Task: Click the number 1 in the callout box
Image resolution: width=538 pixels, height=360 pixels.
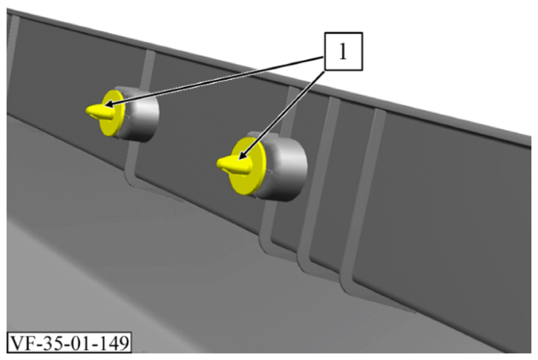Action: [x=343, y=51]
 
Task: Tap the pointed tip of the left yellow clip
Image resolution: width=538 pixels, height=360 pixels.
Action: [x=86, y=110]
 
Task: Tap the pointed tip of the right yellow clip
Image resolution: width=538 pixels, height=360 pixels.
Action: [x=218, y=164]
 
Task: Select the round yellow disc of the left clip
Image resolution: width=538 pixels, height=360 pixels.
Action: [x=112, y=113]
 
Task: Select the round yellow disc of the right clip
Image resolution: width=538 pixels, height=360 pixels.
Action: [x=248, y=166]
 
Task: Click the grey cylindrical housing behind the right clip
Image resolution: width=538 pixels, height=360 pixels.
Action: [x=283, y=166]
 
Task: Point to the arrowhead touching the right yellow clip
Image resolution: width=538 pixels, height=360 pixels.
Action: [x=243, y=155]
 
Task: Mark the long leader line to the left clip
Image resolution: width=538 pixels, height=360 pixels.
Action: [x=214, y=80]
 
